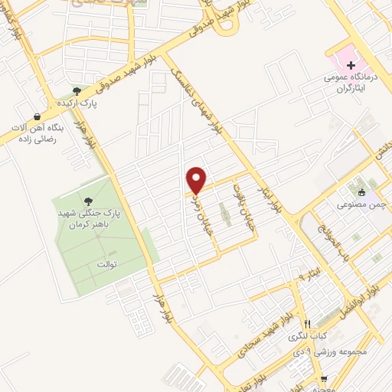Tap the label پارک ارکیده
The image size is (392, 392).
(x=77, y=101)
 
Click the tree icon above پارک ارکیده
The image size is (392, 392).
(x=77, y=90)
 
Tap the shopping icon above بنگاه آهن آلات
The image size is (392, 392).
(x=36, y=116)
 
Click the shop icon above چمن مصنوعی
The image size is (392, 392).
(x=361, y=192)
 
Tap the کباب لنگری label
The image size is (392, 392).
(x=306, y=336)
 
